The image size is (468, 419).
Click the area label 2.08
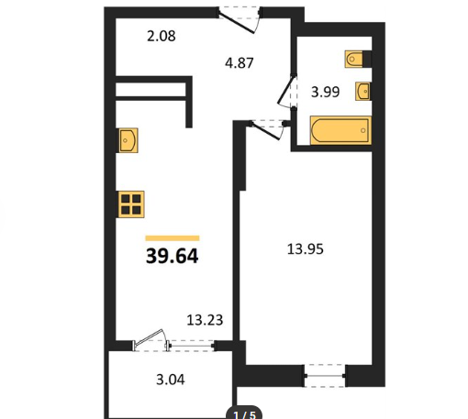coord(162,36)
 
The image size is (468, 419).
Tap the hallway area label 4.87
coord(240,63)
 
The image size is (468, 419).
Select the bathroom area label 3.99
coord(325,92)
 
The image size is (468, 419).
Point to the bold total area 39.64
coord(173,256)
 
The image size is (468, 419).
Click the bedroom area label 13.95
coord(306,249)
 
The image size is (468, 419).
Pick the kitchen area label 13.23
coord(205,320)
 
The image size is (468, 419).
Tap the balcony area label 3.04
coord(171,380)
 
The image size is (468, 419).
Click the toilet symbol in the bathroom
coord(354,59)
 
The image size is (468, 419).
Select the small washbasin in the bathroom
coord(362,91)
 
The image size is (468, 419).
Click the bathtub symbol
coord(340,130)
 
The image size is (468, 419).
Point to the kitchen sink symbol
coord(128,140)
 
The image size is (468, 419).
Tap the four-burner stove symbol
coord(131,204)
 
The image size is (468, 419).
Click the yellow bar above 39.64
coord(173,238)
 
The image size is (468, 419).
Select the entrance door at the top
coord(237,22)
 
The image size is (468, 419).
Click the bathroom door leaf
coord(286,90)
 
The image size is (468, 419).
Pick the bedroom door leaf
coord(265,131)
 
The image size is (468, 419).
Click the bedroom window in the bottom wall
coord(325,376)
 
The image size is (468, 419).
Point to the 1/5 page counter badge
coord(244,413)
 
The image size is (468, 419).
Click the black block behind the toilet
coord(367,59)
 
